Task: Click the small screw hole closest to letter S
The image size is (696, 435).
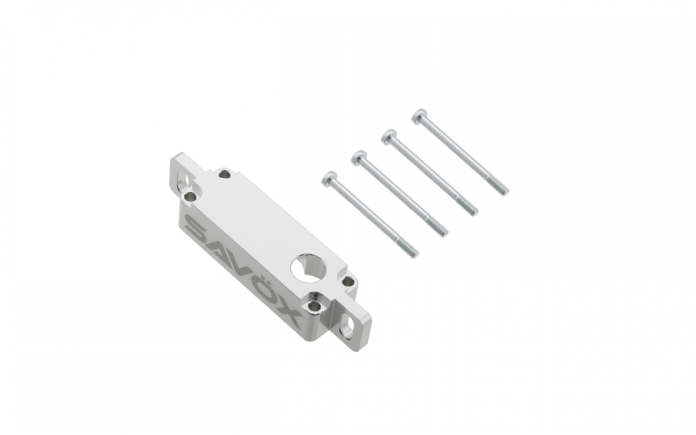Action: (x=190, y=197)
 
